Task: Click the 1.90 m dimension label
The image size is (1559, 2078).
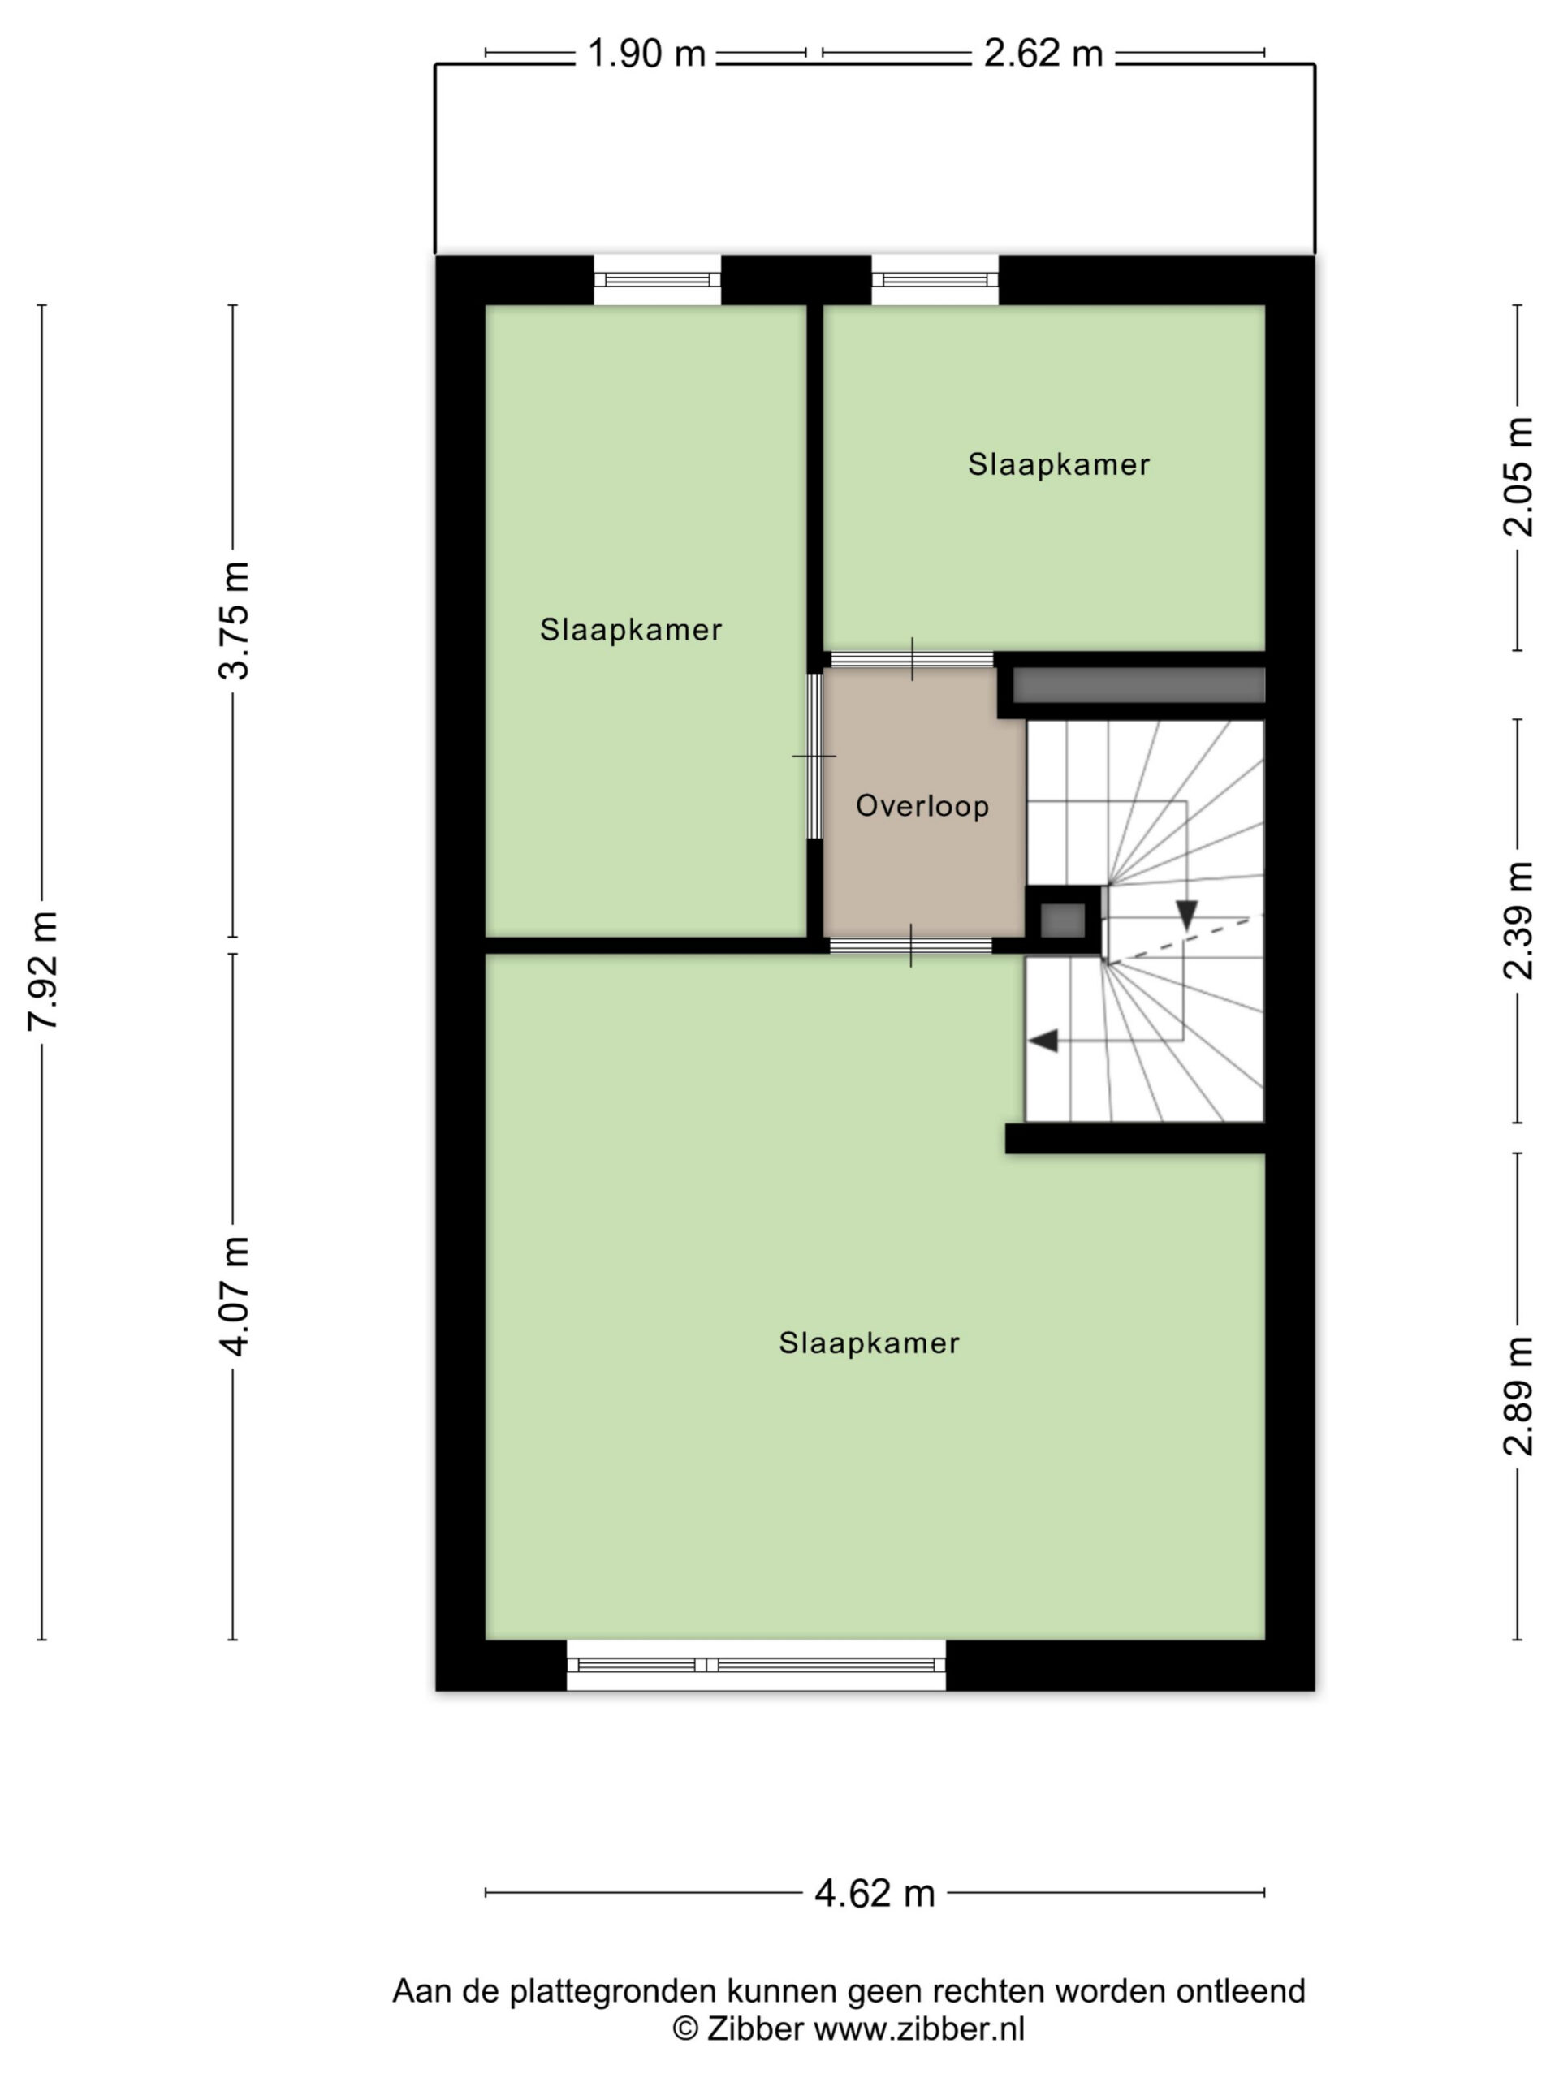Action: [646, 54]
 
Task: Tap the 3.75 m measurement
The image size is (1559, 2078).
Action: [233, 619]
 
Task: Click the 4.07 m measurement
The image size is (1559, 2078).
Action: [233, 1296]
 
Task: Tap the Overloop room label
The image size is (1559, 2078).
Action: [922, 806]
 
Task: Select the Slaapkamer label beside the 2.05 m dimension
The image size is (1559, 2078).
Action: [1059, 464]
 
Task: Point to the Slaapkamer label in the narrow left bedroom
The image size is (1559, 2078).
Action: [631, 629]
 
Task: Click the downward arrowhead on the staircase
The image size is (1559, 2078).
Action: [1187, 915]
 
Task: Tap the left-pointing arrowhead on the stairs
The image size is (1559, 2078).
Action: [1043, 1040]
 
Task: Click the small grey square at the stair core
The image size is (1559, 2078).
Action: [1062, 920]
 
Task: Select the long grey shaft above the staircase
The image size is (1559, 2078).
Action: [1138, 685]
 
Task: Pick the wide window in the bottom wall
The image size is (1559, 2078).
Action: [757, 1665]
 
